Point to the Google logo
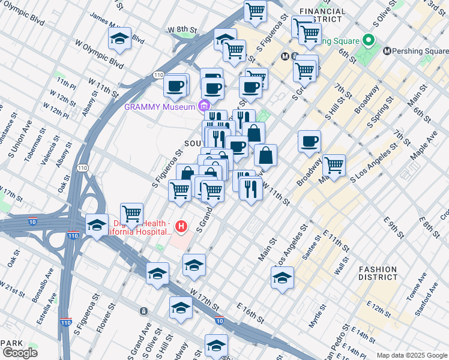point(20,352)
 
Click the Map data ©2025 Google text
point(411,355)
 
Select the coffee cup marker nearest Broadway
point(309,142)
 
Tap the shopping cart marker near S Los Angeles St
point(334,165)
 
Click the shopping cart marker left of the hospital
point(131,213)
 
